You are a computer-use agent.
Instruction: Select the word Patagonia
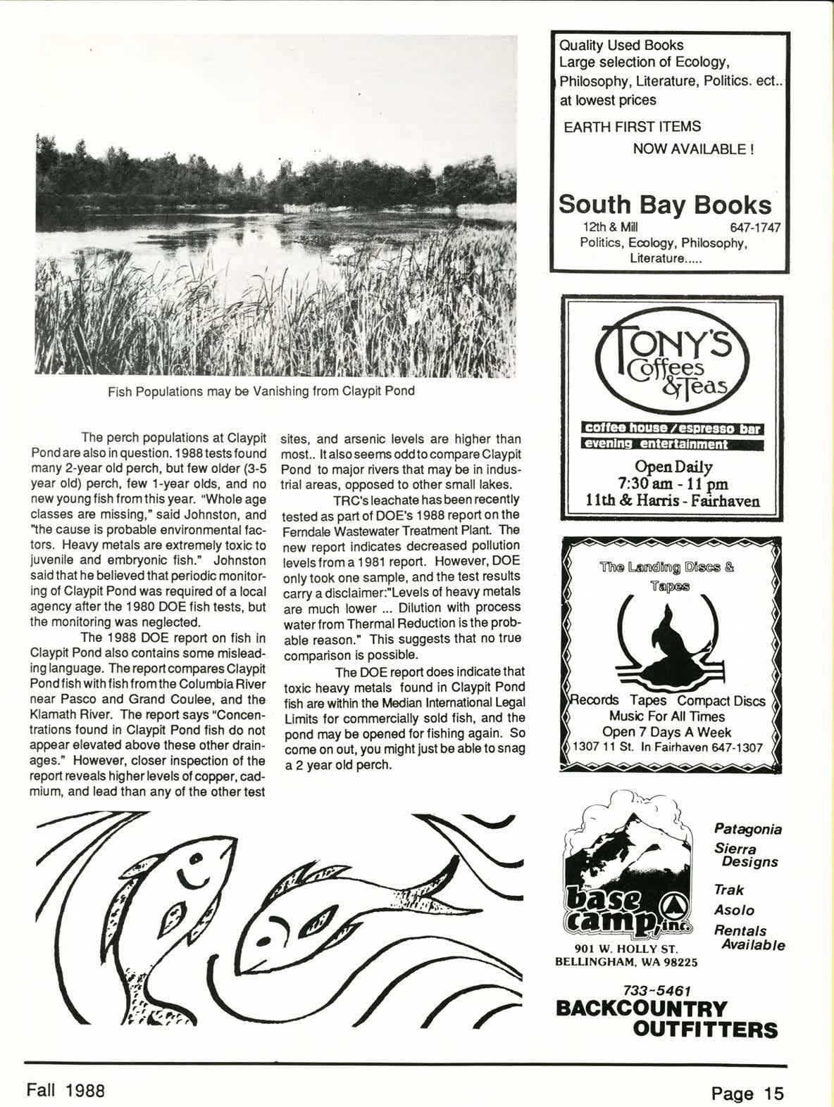point(747,829)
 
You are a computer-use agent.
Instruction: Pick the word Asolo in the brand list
point(735,910)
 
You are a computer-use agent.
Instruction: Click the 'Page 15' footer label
point(748,1094)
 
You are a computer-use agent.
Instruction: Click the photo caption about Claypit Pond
point(261,391)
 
